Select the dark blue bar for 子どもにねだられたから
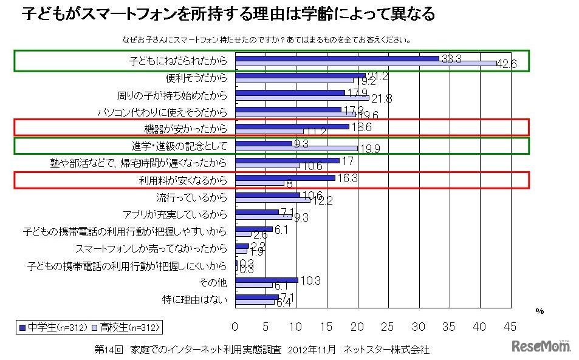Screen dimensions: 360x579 point(337,58)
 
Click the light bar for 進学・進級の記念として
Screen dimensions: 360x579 point(296,148)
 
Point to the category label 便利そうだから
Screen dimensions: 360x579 point(196,78)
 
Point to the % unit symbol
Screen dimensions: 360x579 point(539,311)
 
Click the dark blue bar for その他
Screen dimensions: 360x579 point(266,280)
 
